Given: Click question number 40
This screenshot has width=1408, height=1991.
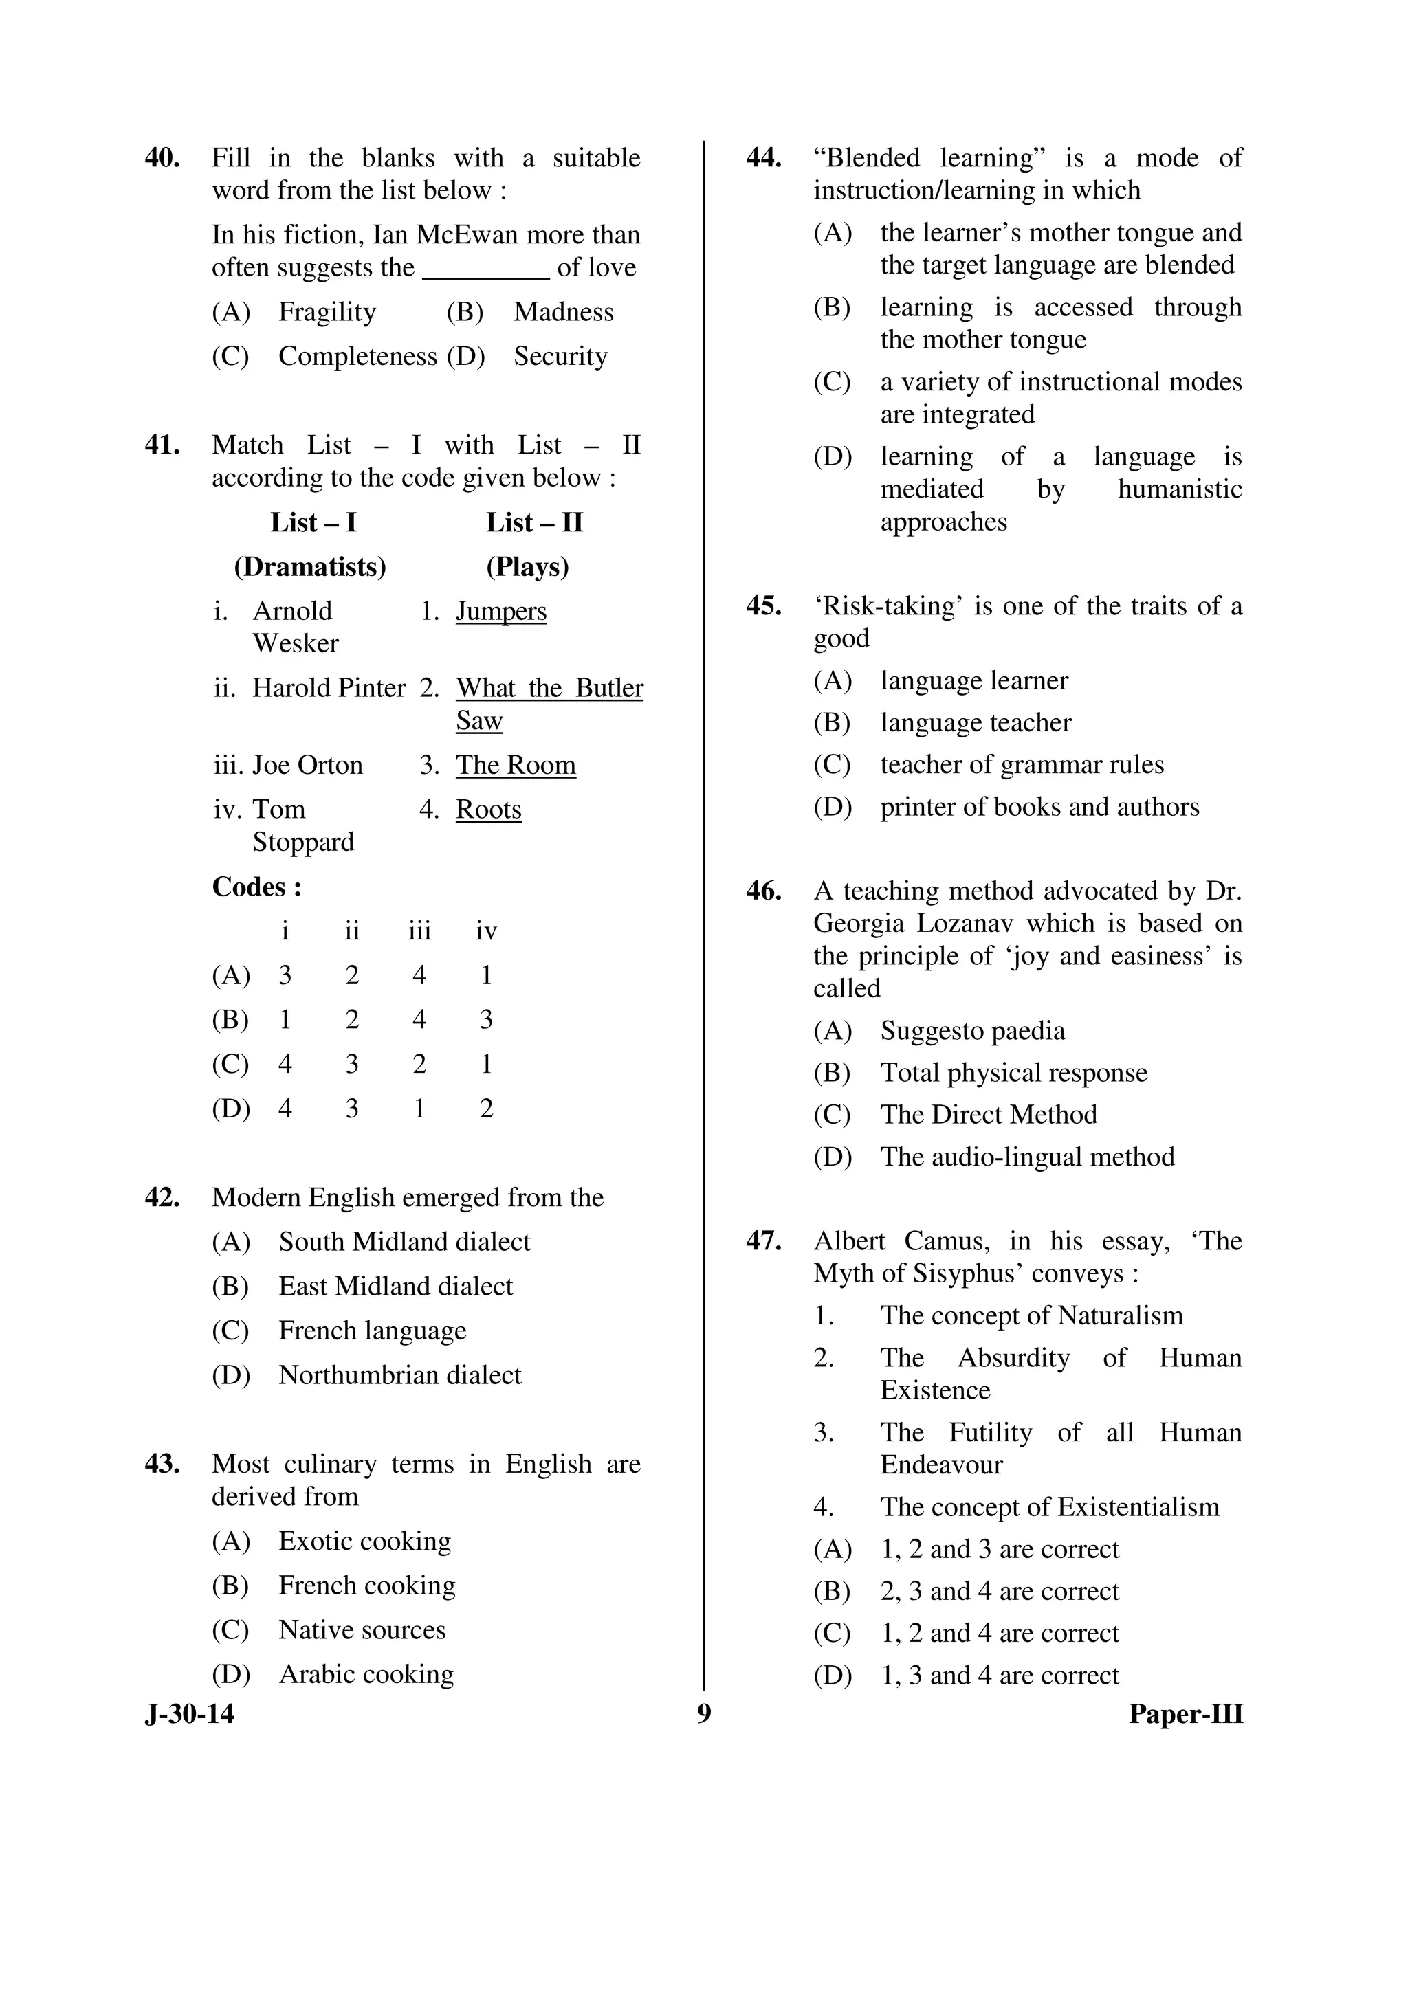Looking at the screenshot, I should tap(162, 159).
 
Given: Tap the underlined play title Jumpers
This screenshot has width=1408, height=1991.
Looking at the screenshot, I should tap(500, 612).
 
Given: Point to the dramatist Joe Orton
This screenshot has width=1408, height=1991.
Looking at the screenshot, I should tap(307, 766).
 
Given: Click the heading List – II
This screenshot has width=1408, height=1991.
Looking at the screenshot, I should tap(534, 523).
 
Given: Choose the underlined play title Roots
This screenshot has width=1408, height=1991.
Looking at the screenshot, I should tap(488, 810).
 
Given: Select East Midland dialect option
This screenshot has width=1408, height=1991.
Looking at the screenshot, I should tap(395, 1287).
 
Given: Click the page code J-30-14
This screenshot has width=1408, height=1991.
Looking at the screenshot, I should tap(189, 1714).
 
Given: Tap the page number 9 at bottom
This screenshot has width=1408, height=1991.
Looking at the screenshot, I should tap(703, 1714).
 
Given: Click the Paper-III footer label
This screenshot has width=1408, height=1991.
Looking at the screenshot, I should tap(1185, 1714).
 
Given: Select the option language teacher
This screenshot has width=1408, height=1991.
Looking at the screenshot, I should tap(975, 723).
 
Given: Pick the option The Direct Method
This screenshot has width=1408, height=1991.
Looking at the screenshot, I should tap(988, 1115).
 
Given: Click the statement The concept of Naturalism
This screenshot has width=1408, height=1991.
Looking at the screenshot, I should tap(1031, 1316).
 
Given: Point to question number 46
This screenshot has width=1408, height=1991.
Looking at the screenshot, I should tap(763, 891).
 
